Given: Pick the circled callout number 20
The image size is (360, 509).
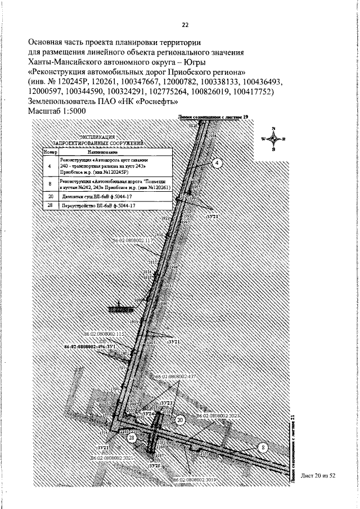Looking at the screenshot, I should coord(180,420).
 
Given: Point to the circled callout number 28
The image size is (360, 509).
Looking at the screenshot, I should coord(131,438).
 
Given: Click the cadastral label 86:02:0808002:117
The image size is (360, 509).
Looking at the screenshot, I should coord(133,240).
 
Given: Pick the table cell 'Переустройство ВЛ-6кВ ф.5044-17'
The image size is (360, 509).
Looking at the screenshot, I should coord(98,206).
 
